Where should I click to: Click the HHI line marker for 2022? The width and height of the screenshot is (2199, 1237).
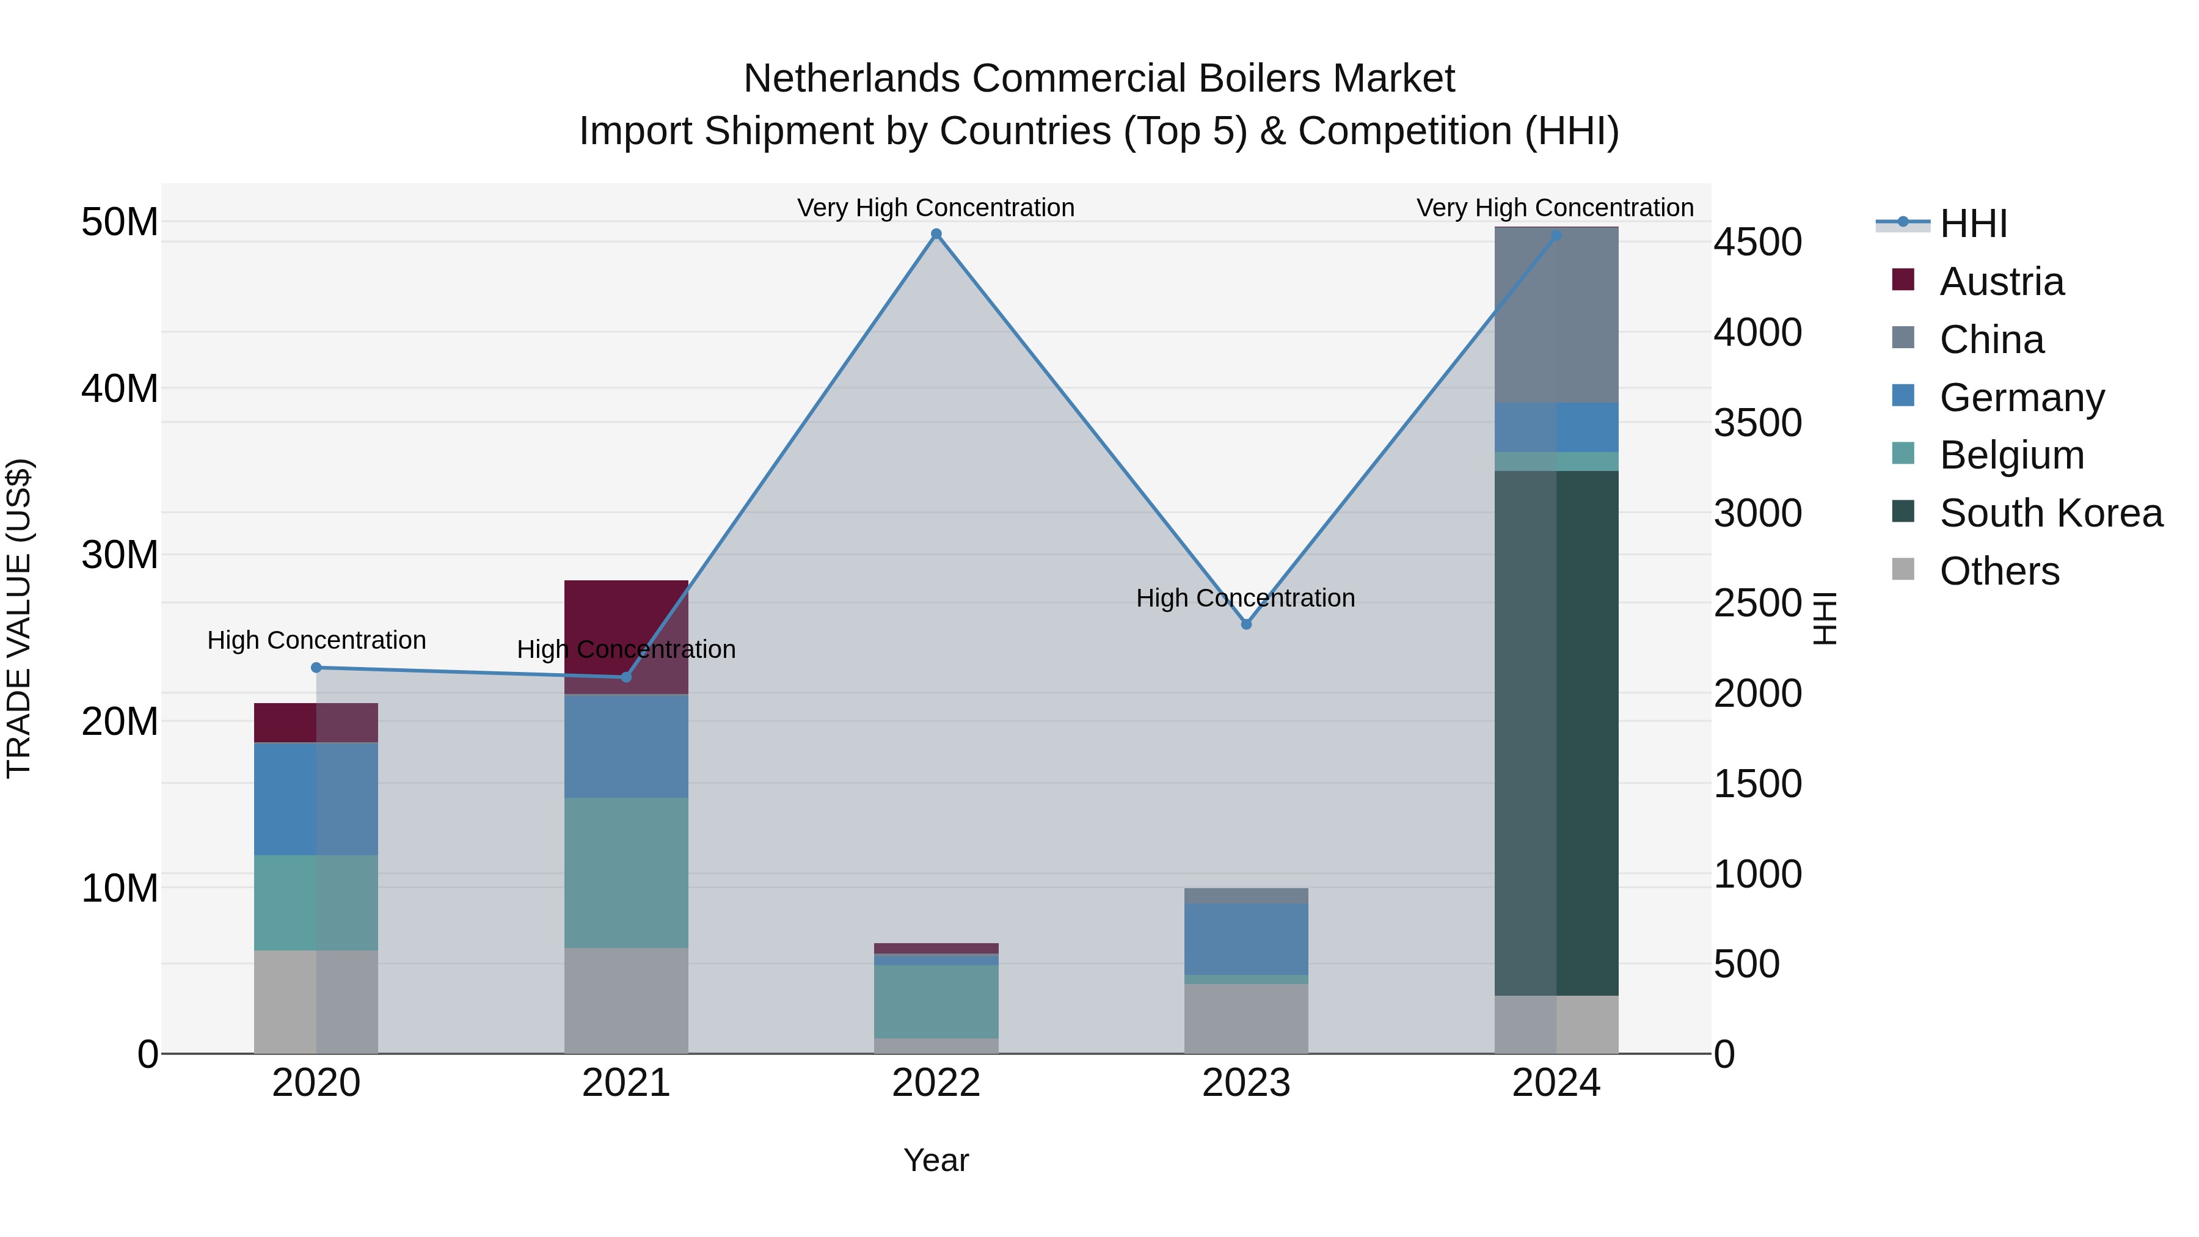[936, 234]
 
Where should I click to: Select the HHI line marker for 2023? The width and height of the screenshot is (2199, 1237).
[1246, 624]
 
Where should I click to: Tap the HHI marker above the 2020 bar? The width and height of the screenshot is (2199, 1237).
[316, 668]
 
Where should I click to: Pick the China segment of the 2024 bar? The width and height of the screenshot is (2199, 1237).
[1556, 316]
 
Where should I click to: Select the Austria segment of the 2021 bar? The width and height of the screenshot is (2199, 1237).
[625, 636]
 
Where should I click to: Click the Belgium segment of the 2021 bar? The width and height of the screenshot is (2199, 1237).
[625, 872]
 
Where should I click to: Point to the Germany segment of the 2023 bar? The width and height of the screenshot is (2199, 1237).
[1246, 939]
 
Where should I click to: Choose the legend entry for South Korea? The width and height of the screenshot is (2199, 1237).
[2051, 514]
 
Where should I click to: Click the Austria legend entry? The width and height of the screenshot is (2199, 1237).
[2001, 282]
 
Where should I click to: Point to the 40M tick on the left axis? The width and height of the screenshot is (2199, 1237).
[120, 389]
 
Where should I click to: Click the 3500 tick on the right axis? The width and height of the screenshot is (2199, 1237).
[1757, 423]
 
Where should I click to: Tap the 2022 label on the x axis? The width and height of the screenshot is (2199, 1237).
[936, 1083]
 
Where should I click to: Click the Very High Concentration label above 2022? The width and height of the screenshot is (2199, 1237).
[936, 208]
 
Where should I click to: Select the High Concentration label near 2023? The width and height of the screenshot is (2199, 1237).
[1245, 597]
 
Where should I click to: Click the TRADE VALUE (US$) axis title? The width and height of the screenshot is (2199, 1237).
[19, 618]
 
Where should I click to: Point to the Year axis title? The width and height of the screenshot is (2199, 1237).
[936, 1160]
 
